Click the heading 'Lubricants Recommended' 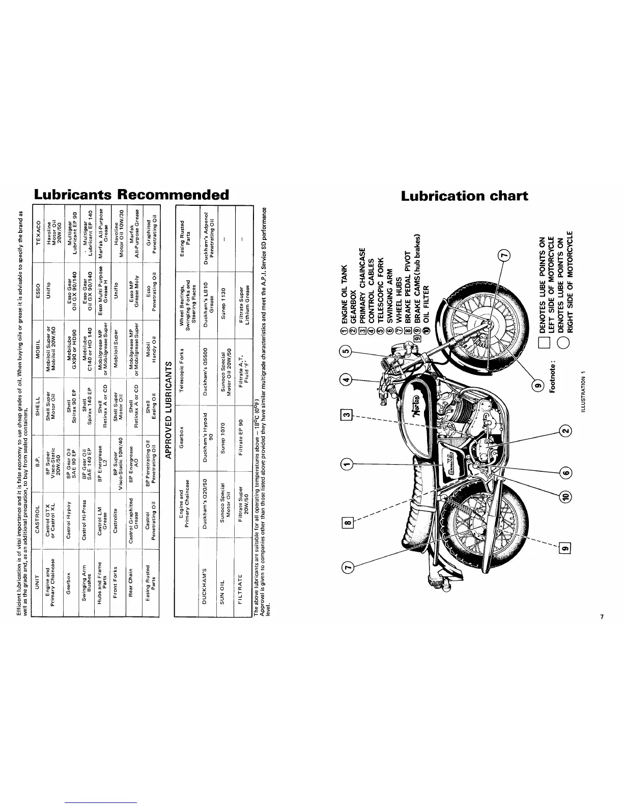131,195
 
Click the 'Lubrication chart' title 464,196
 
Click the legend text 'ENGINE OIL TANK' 345,301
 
